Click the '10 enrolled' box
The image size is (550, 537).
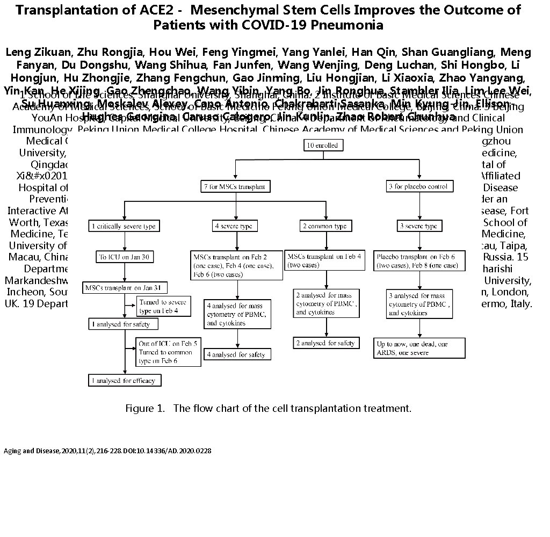coord(321,145)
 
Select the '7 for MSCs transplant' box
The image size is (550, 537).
coord(234,186)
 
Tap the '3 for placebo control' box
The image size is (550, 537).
coord(421,186)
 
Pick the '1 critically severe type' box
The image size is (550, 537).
coord(124,226)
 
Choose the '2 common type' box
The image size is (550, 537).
coord(326,226)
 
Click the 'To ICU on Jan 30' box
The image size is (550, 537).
coord(125,257)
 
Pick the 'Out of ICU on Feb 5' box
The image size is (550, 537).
coord(169,352)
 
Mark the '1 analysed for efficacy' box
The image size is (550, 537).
coord(125,380)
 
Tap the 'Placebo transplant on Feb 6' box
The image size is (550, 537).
coord(419,262)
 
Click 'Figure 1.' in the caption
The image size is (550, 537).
coord(145,408)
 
